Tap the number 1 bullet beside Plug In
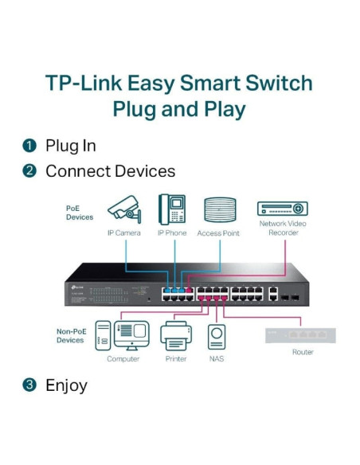click(x=29, y=146)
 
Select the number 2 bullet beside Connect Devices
click(x=29, y=171)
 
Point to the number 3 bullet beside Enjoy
click(x=29, y=385)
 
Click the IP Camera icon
click(x=123, y=209)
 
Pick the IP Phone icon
click(x=171, y=209)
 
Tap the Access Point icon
click(x=219, y=210)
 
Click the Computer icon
click(x=123, y=336)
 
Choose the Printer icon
click(x=176, y=336)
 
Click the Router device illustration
click(x=301, y=335)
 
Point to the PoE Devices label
click(x=79, y=213)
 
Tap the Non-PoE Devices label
click(x=70, y=336)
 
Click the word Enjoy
click(x=66, y=385)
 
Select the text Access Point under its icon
click(x=219, y=233)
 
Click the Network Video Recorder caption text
click(x=283, y=229)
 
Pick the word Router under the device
click(x=303, y=352)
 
